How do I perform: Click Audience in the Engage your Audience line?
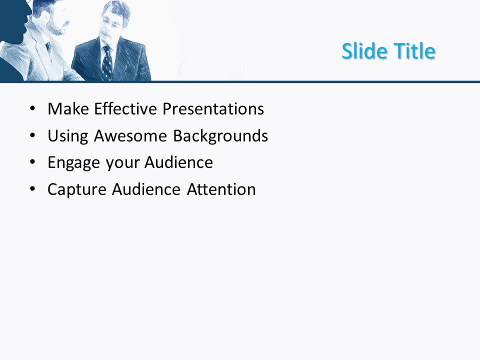(x=178, y=162)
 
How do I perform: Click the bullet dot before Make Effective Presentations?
(x=32, y=108)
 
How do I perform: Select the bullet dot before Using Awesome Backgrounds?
(x=32, y=135)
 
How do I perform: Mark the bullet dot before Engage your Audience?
(x=32, y=162)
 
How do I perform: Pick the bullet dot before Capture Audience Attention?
(x=32, y=189)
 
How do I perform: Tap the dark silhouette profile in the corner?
(x=14, y=22)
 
